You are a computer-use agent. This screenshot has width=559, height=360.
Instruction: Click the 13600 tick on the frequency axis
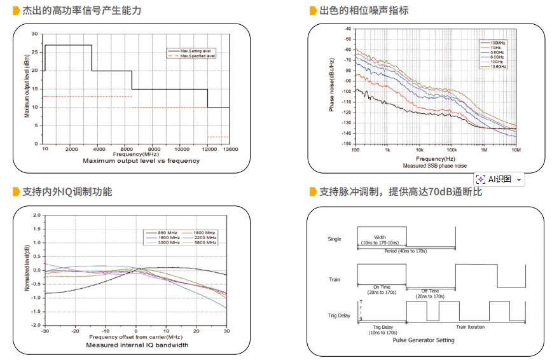pyautogui.click(x=230, y=148)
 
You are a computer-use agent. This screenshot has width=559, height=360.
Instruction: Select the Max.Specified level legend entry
pyautogui.click(x=198, y=56)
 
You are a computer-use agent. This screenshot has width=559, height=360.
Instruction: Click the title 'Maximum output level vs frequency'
pyautogui.click(x=141, y=161)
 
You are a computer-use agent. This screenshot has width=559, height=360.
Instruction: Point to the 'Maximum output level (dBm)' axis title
pyautogui.click(x=27, y=88)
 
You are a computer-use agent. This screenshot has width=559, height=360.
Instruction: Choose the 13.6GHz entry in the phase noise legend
pyautogui.click(x=498, y=66)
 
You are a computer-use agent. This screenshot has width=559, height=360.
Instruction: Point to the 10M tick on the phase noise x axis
pyautogui.click(x=516, y=150)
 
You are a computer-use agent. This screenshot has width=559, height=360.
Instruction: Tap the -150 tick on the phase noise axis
pyautogui.click(x=347, y=144)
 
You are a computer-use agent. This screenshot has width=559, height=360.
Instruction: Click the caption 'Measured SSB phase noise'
pyautogui.click(x=434, y=165)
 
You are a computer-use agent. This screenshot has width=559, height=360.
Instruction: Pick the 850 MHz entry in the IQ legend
pyautogui.click(x=167, y=232)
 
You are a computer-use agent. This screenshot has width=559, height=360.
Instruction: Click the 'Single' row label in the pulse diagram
pyautogui.click(x=334, y=239)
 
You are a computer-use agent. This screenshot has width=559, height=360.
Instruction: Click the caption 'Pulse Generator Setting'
pyautogui.click(x=424, y=340)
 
